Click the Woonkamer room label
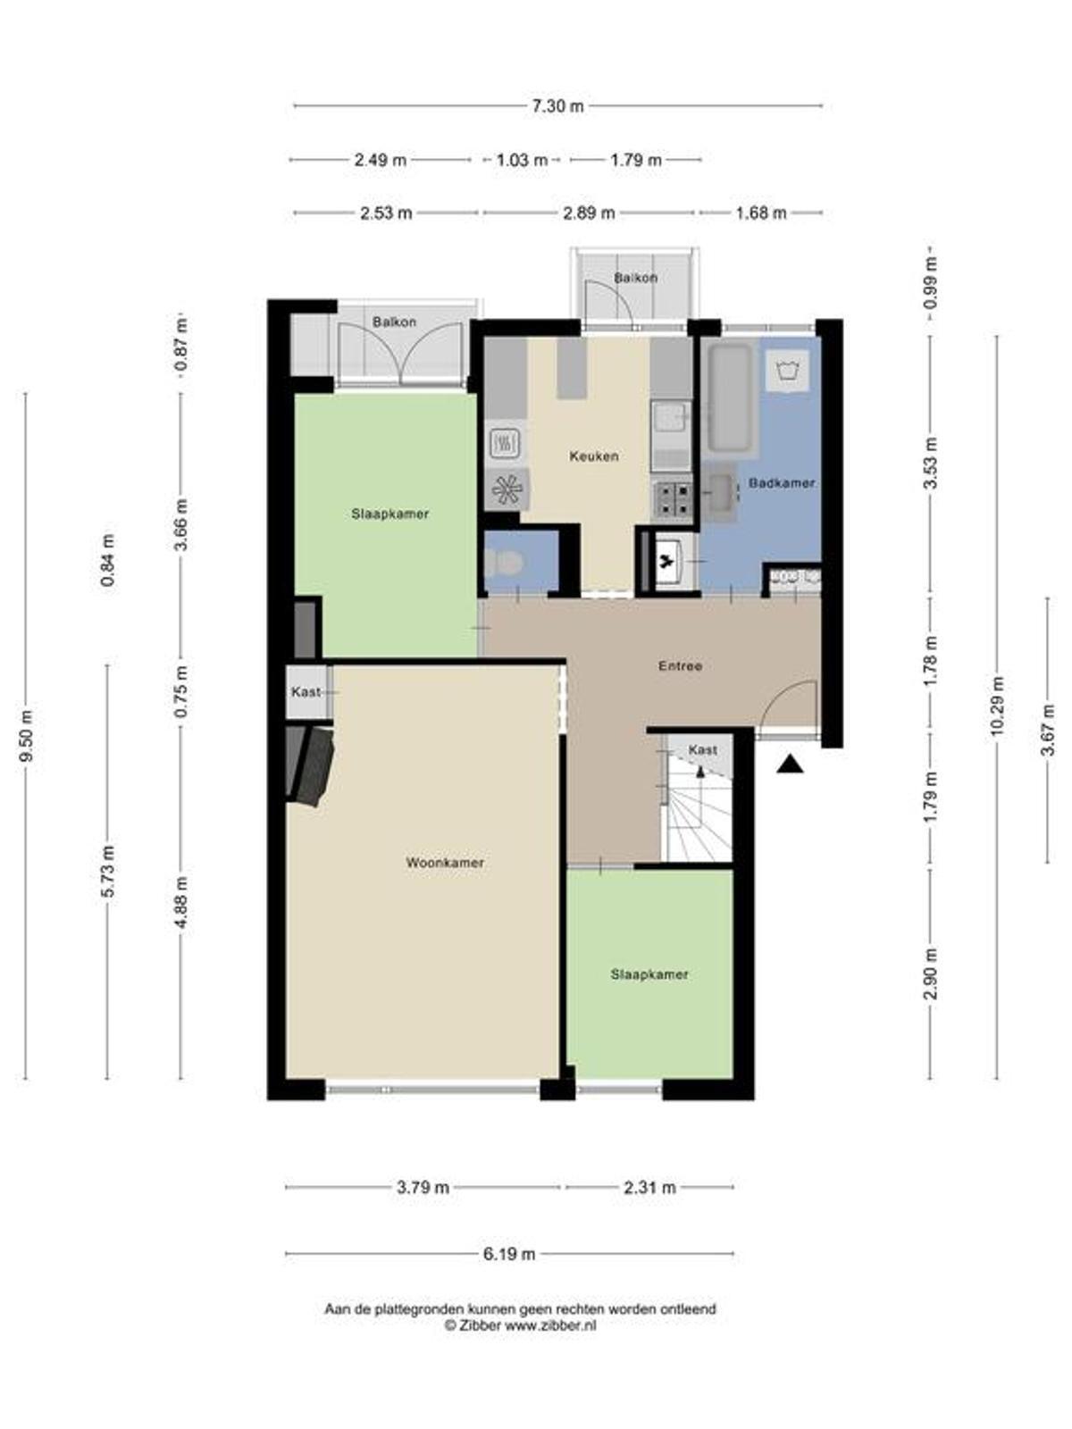point(445,863)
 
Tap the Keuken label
point(593,455)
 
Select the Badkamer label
point(781,483)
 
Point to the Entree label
point(680,666)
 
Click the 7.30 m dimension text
point(557,106)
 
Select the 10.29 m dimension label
point(998,706)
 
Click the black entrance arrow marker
point(790,764)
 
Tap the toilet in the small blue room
point(504,564)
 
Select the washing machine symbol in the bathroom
point(788,371)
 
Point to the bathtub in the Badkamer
point(731,397)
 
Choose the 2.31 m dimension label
point(649,1188)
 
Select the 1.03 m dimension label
point(522,160)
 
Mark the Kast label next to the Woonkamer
point(306,691)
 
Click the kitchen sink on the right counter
point(671,417)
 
